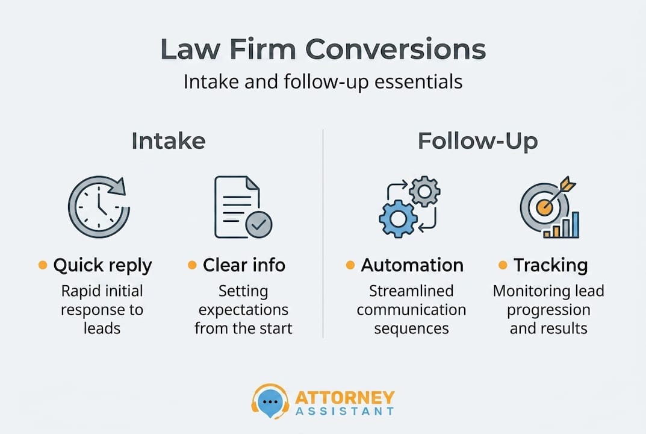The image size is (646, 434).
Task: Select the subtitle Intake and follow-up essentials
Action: point(323,81)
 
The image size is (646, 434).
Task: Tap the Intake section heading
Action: point(169,141)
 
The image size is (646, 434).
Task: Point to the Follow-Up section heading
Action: point(477,141)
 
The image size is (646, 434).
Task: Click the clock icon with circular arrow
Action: point(98,207)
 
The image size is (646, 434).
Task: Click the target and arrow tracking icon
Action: point(548,207)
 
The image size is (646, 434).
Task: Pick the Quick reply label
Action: point(102,265)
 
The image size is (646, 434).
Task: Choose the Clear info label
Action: point(244,265)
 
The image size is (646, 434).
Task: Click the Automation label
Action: point(412,265)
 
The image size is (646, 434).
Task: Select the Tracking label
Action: point(550,265)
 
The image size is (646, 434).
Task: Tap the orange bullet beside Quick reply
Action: point(43,265)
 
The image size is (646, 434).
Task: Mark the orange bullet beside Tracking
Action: point(502,265)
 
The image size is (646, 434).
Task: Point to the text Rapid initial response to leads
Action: point(102,310)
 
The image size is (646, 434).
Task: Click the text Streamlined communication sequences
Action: point(411,310)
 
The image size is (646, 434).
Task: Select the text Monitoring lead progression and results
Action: point(548,310)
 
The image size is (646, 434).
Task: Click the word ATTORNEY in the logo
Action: point(345,397)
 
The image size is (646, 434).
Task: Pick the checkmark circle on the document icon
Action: point(259,225)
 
